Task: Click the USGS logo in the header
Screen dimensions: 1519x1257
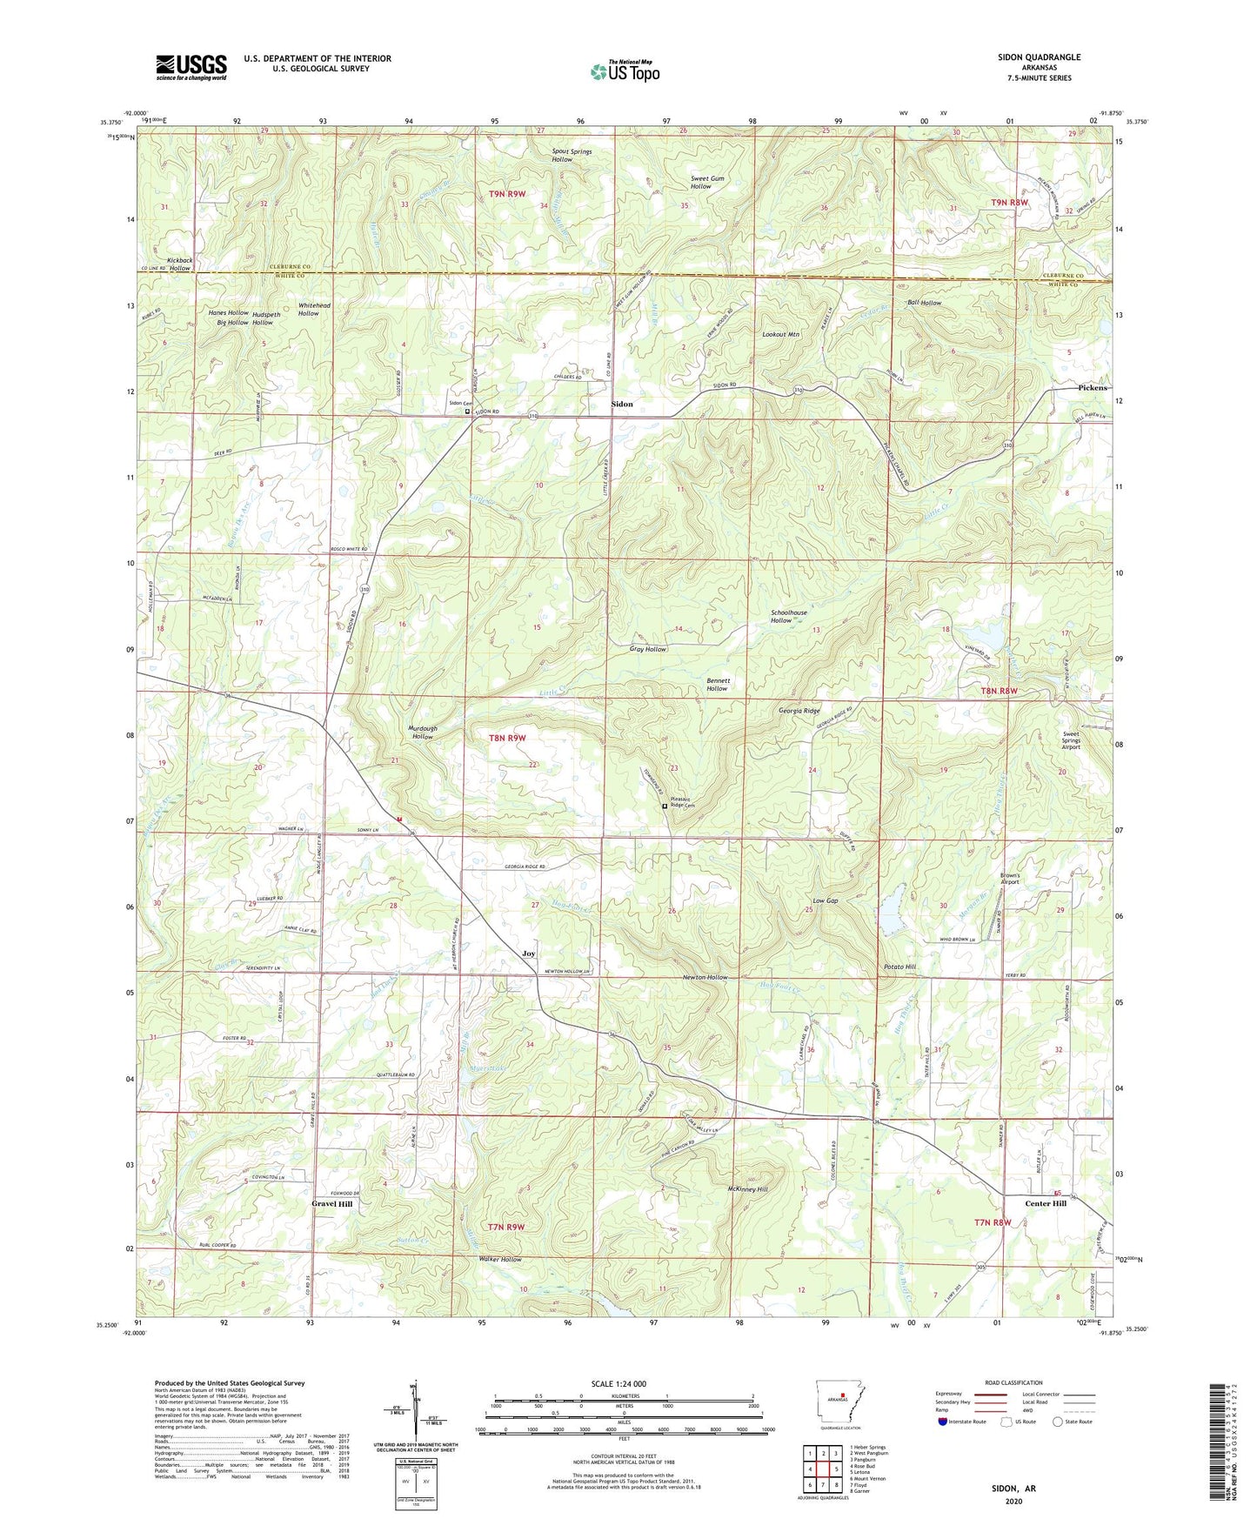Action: pyautogui.click(x=191, y=67)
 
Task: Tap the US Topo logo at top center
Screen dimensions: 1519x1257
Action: pyautogui.click(x=624, y=71)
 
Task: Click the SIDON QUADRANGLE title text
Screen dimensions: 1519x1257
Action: pyautogui.click(x=1039, y=57)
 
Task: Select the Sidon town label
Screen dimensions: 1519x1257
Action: pyautogui.click(x=622, y=405)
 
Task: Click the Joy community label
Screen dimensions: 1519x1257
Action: pyautogui.click(x=528, y=954)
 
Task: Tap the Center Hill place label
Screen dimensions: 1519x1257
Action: pyautogui.click(x=1045, y=1204)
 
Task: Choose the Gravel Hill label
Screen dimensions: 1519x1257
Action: pyautogui.click(x=332, y=1204)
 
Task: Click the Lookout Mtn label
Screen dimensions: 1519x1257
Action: pyautogui.click(x=780, y=334)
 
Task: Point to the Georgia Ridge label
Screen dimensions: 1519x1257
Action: pyautogui.click(x=798, y=711)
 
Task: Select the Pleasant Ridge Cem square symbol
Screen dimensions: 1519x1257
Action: pyautogui.click(x=665, y=806)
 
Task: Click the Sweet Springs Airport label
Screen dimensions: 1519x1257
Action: pyautogui.click(x=1071, y=740)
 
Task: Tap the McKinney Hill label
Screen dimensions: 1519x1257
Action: pyautogui.click(x=747, y=1189)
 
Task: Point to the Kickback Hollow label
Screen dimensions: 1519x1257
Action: pyautogui.click(x=179, y=264)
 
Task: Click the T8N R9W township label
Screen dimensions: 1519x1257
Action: pyautogui.click(x=507, y=738)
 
